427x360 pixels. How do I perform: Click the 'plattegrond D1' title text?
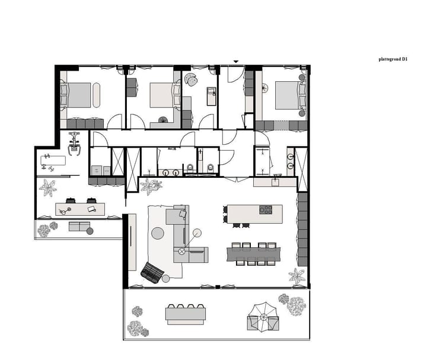(x=393, y=59)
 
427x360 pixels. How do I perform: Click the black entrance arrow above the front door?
(x=237, y=61)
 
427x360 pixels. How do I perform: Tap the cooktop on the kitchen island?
(x=265, y=210)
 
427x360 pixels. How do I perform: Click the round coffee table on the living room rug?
(x=158, y=233)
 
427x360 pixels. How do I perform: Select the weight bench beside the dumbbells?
(x=53, y=160)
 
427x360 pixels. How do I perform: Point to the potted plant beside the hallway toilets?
(x=151, y=187)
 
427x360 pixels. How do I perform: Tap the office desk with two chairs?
(x=80, y=209)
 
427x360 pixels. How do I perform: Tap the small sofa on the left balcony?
(x=79, y=227)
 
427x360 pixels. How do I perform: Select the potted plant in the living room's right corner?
(x=297, y=276)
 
